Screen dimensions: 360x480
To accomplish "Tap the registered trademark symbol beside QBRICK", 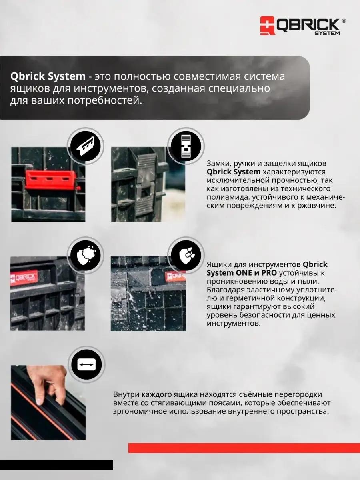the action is pos(343,21).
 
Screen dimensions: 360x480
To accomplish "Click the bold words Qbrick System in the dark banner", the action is pos(48,76).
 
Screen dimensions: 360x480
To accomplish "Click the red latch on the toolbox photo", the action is pos(51,180).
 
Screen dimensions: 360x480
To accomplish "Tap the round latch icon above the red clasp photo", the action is pos(85,146).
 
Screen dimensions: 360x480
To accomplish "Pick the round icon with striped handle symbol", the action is pos(186,146).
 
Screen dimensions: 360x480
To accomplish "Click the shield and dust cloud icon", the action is pos(85,255).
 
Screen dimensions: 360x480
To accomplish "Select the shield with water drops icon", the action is pos(186,255).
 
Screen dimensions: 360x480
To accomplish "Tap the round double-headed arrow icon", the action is pos(86,365).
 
